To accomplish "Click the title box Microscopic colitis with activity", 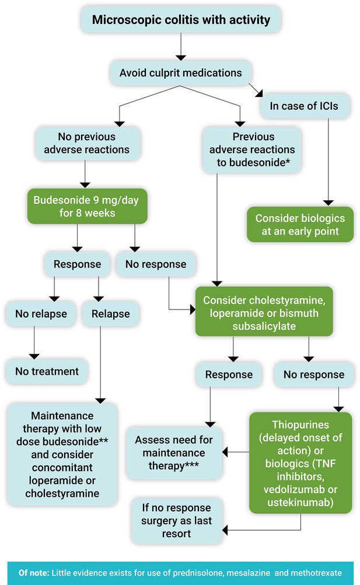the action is tap(181, 19).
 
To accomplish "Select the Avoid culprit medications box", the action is tap(181, 73).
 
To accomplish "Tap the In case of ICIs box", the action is tap(304, 106).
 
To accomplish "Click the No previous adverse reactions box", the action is tap(87, 143).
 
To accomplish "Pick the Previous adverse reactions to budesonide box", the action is tap(252, 149).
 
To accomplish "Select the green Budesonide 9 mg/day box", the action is tap(87, 206).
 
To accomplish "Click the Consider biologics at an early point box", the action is tap(300, 225).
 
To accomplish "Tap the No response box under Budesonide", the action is tap(156, 264).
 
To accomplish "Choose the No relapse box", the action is tap(41, 314).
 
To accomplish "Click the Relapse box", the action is tap(111, 314).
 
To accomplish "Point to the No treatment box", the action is tap(47, 371).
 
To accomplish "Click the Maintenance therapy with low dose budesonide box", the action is tap(62, 454).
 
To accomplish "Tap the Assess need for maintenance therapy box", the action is tap(174, 452).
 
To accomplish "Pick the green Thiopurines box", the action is tap(300, 463).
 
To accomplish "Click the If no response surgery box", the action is tap(177, 520).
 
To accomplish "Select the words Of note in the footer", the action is tap(33, 573).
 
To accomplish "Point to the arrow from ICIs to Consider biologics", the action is tap(328, 162).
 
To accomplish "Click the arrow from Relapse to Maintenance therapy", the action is tap(100, 364).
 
